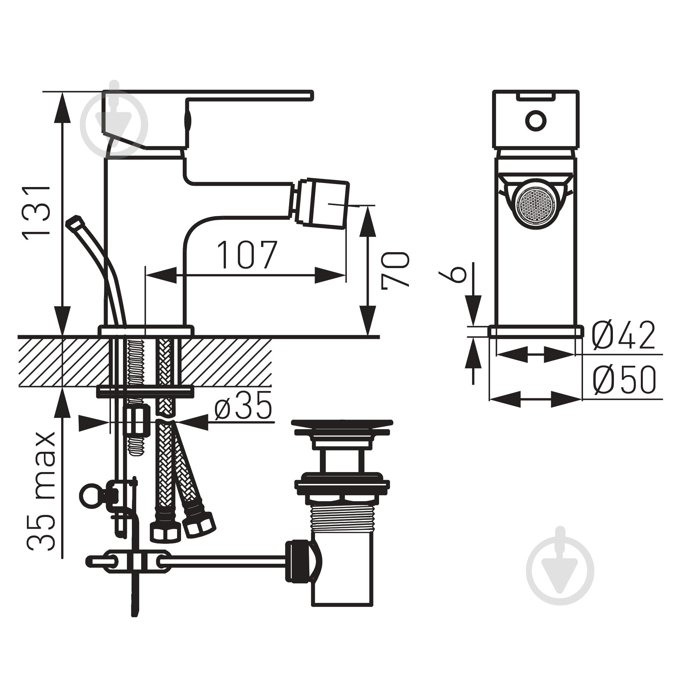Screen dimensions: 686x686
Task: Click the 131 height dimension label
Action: [x=36, y=212]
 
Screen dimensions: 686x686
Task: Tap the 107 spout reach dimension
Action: [x=247, y=254]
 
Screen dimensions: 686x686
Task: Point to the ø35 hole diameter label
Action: [x=244, y=405]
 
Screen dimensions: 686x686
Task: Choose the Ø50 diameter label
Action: [x=624, y=380]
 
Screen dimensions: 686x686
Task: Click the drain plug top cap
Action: [x=342, y=427]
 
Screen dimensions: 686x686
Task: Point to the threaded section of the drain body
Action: [x=342, y=519]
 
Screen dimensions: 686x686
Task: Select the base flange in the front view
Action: [x=536, y=331]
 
